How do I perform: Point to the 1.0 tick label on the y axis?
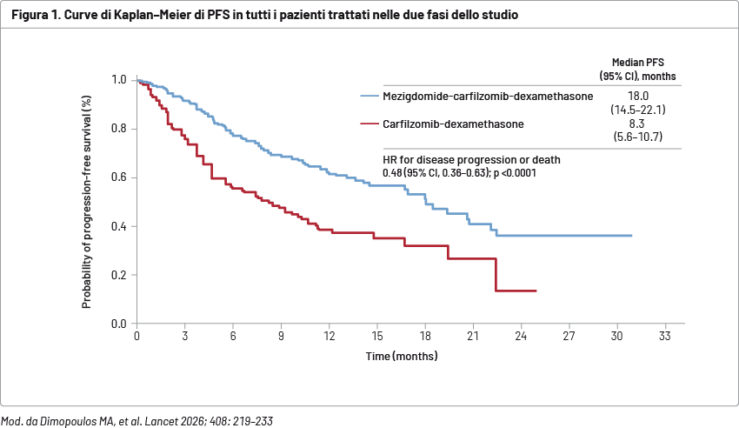point(119,80)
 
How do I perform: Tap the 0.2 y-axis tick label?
point(119,275)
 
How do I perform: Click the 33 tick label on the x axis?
point(665,336)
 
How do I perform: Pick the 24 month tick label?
point(521,336)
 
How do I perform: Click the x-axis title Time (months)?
point(402,356)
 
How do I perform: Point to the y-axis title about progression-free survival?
point(86,202)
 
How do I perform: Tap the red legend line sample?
point(369,124)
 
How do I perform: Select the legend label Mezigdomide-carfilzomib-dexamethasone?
point(488,97)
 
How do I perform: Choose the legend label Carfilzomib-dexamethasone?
point(453,124)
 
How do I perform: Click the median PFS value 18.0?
point(638,97)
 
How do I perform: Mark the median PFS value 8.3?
point(636,124)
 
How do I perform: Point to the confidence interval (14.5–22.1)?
point(638,110)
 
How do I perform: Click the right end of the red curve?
point(536,291)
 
